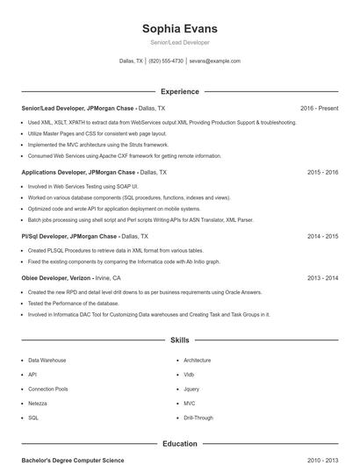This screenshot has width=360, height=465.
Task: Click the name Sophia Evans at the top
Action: coord(179,28)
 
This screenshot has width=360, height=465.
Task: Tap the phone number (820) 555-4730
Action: coord(166,61)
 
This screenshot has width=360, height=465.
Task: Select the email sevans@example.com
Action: coord(214,61)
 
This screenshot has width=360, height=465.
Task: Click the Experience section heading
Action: coord(179,91)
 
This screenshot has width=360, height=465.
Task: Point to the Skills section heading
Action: coord(179,340)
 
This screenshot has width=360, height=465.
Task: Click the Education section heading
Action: coord(179,444)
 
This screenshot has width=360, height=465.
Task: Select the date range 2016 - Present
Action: coord(319,108)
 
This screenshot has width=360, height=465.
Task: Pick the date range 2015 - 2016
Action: coord(322,173)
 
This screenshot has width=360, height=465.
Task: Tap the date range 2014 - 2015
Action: coord(322,237)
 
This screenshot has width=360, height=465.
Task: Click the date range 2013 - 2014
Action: coord(322,278)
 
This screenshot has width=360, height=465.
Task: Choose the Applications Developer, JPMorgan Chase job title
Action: coord(78,173)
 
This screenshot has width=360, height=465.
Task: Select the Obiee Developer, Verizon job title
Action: coord(58,278)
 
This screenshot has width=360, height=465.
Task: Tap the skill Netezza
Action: coord(39,404)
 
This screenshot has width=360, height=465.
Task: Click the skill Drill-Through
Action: coord(198,418)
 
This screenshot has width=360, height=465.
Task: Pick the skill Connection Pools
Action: coord(47,389)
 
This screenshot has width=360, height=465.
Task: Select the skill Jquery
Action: coord(191,389)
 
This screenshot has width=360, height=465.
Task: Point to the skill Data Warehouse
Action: coord(47,361)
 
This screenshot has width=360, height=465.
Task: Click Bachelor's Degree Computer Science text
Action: coord(73,460)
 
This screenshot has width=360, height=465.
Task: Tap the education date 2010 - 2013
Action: coord(322,460)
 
